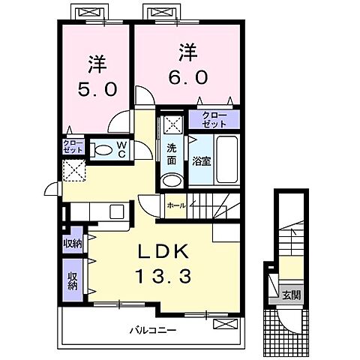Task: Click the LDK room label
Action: [x=163, y=252]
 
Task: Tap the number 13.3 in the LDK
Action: [x=163, y=276]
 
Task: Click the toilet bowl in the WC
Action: [x=103, y=150]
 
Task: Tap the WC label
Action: [x=121, y=150]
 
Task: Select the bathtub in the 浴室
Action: [x=226, y=160]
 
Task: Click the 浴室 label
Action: [x=202, y=161]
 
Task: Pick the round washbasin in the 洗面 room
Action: [x=172, y=181]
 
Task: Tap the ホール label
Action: [x=176, y=205]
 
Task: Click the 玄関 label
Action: [x=291, y=295]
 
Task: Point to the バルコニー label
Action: [x=153, y=331]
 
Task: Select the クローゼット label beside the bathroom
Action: [x=214, y=119]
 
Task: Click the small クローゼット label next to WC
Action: [x=73, y=146]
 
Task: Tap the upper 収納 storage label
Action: [x=73, y=243]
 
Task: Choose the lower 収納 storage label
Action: [x=73, y=280]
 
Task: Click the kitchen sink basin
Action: [x=117, y=211]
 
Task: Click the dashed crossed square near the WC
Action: [x=74, y=170]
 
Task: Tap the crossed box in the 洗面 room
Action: [x=173, y=124]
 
